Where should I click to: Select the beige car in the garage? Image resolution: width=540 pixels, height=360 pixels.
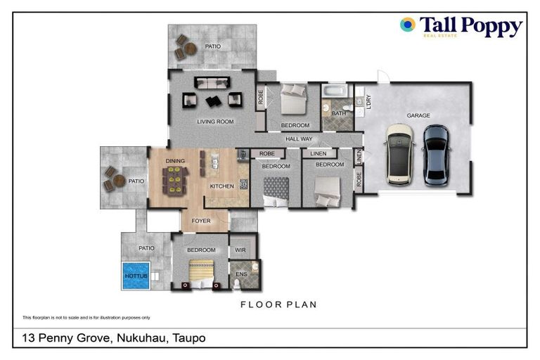click(401, 154)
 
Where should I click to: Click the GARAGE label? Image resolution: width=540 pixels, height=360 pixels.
click(418, 115)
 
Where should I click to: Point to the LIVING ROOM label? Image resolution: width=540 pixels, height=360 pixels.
click(214, 122)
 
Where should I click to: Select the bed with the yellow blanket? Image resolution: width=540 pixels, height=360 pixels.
click(200, 271)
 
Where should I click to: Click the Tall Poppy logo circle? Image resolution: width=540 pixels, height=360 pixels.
click(408, 25)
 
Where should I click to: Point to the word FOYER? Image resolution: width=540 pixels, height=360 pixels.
click(202, 221)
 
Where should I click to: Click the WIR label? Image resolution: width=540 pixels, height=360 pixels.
click(240, 250)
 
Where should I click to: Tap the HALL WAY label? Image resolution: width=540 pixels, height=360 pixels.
click(299, 139)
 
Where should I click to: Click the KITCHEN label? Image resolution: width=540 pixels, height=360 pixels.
click(222, 186)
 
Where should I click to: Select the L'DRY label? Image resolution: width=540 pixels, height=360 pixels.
click(367, 103)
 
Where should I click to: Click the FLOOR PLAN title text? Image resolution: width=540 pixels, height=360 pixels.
click(278, 304)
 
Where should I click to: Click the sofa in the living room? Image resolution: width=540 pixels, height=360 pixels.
click(212, 83)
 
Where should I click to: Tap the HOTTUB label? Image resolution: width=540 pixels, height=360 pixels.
click(134, 276)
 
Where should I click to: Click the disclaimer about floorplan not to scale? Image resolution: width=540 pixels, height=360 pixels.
click(86, 318)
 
